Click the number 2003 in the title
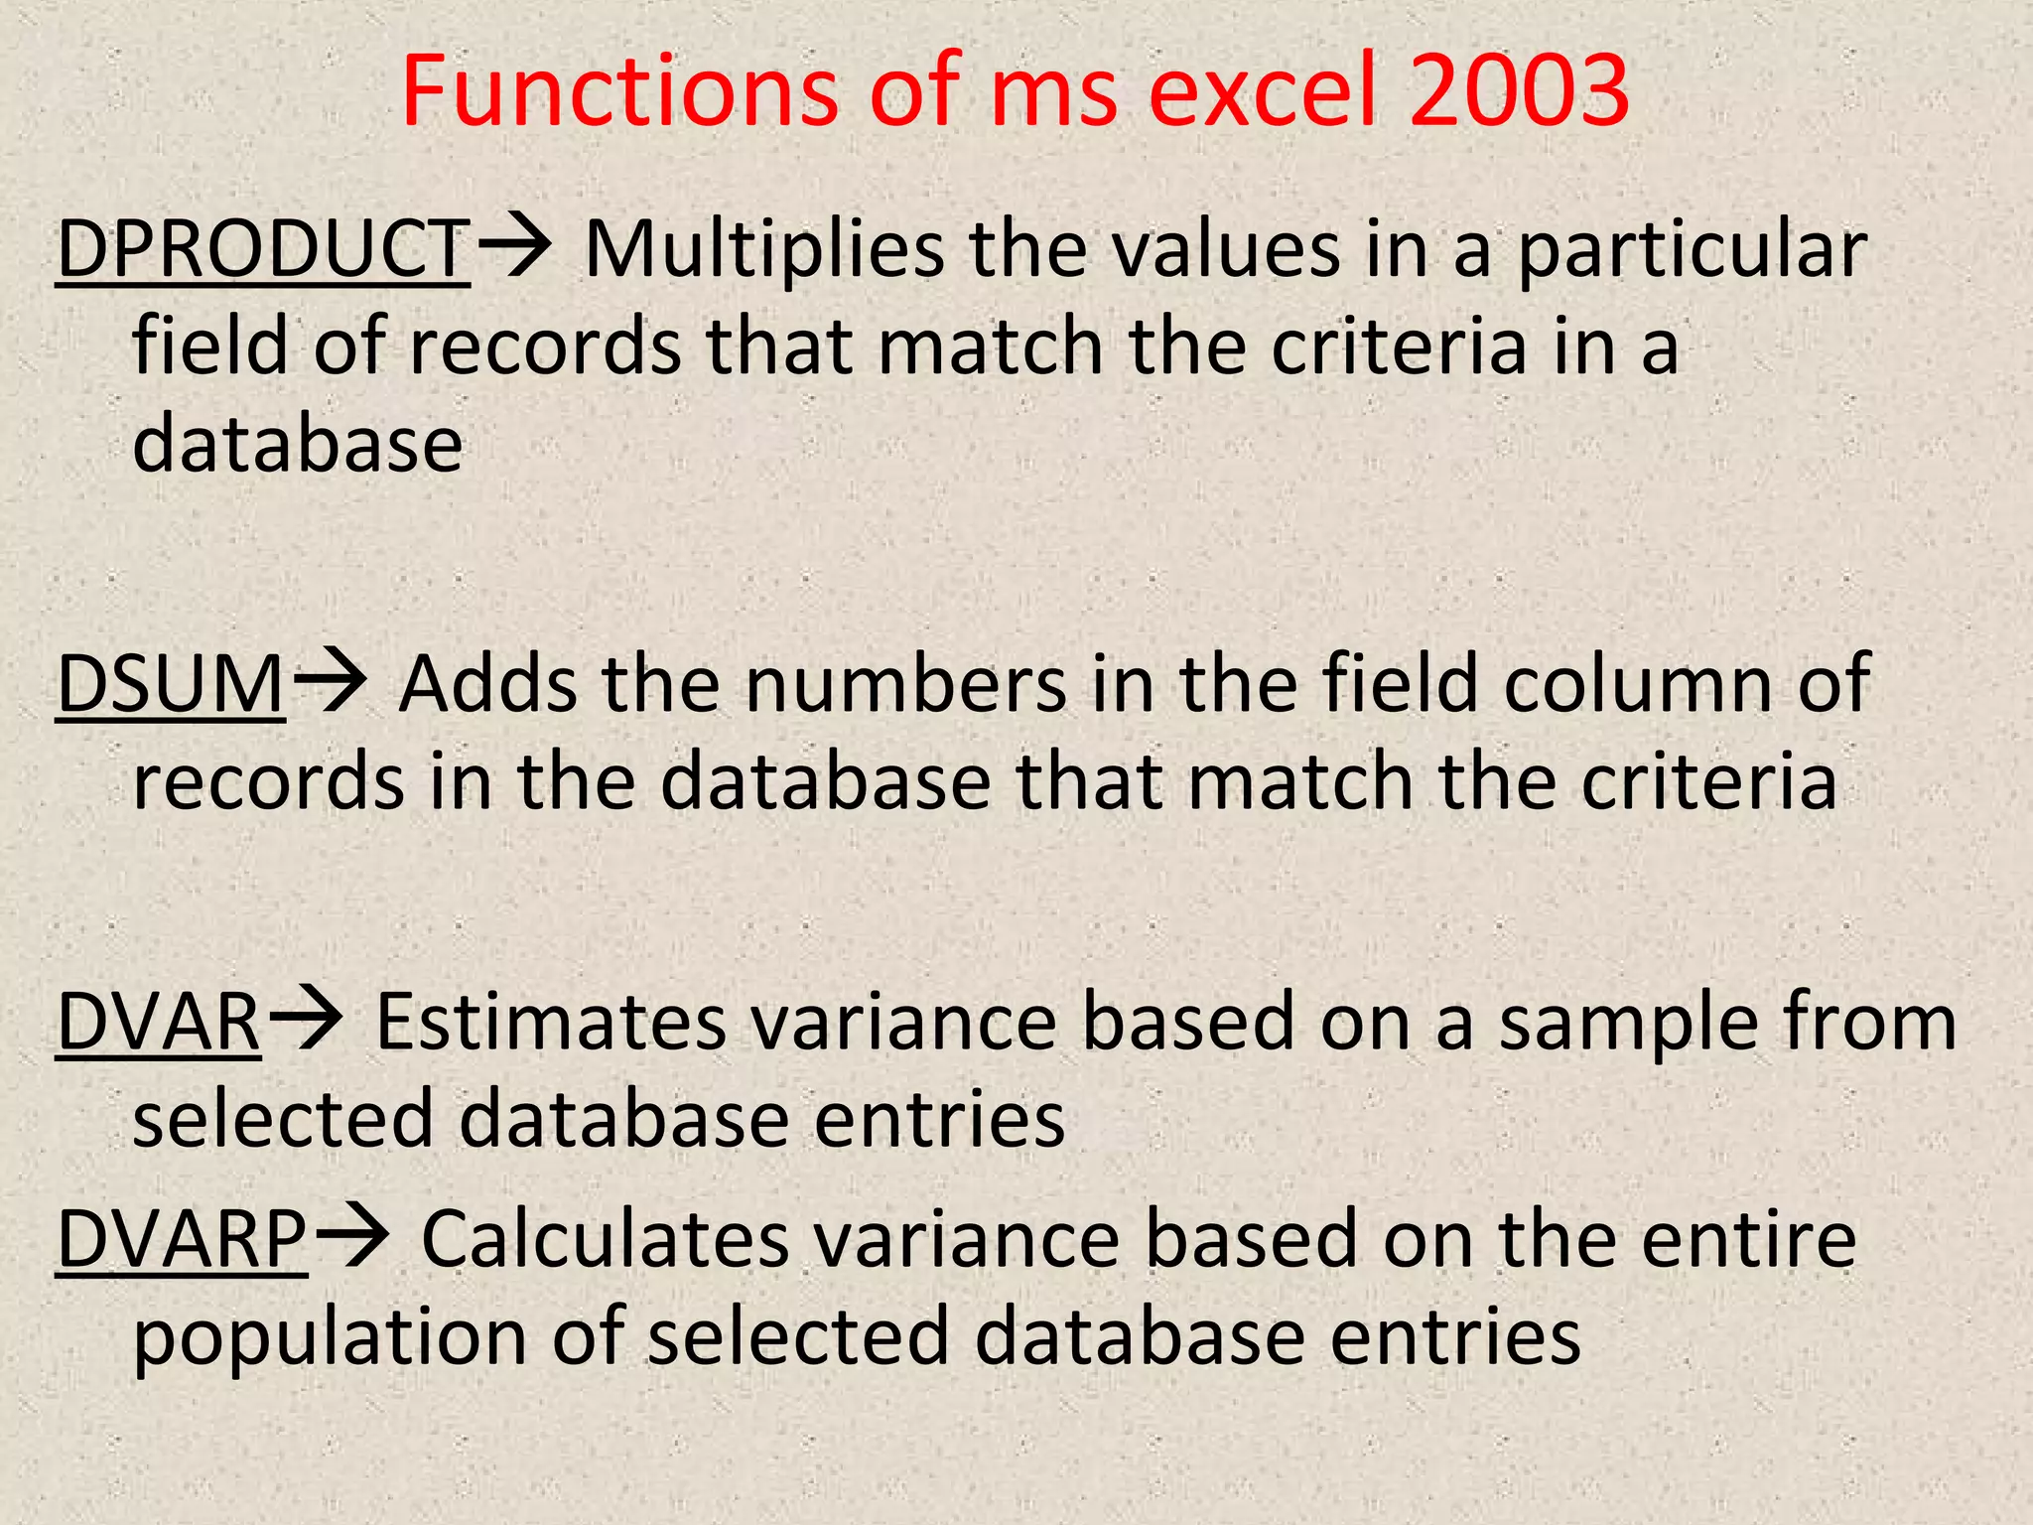1517,90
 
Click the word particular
1693,250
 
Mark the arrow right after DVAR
306,1020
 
